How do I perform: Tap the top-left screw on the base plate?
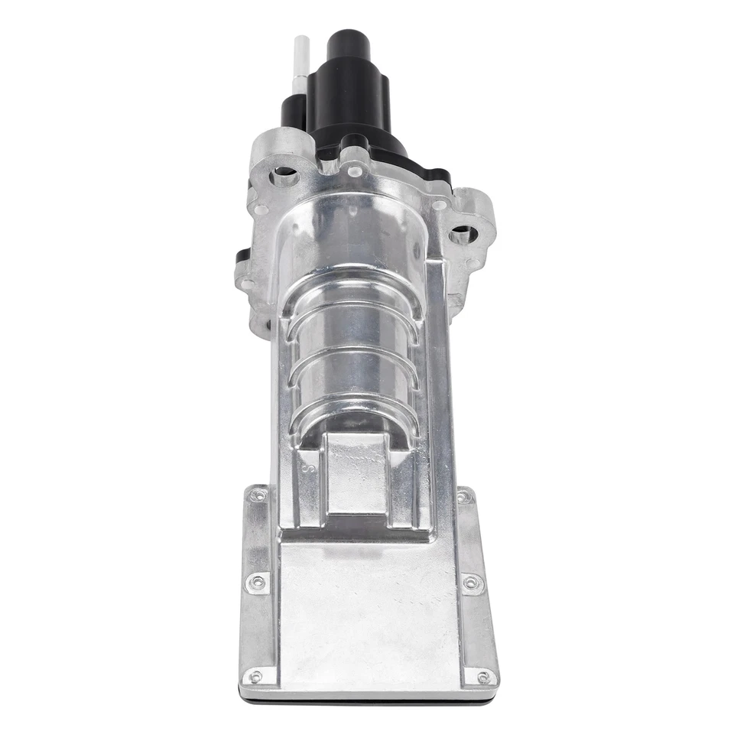tap(258, 496)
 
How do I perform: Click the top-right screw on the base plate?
tap(463, 497)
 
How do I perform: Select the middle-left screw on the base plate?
tap(258, 583)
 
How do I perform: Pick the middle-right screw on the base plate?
tap(471, 583)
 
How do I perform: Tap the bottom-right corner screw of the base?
tap(483, 677)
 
